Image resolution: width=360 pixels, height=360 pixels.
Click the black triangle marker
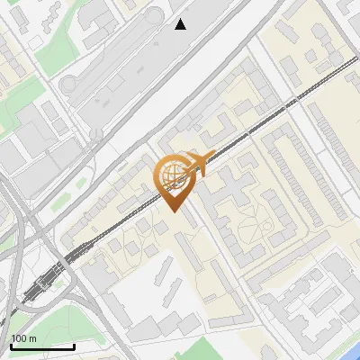click(x=181, y=24)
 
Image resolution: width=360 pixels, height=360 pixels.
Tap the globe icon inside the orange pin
click(x=172, y=175)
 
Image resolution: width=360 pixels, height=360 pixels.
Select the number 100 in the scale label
click(x=20, y=338)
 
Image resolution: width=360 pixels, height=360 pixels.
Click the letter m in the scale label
click(x=33, y=338)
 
